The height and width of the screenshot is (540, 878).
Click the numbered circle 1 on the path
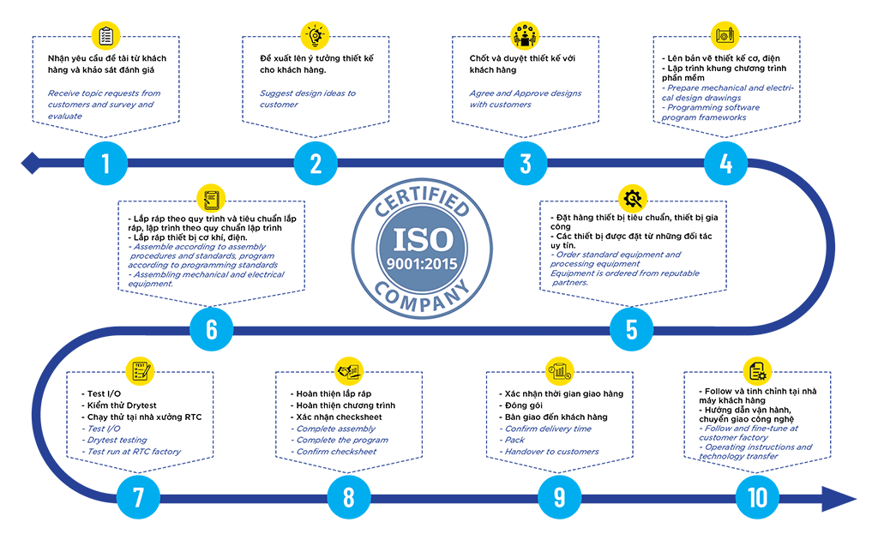105,164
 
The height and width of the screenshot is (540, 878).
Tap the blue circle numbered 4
725,164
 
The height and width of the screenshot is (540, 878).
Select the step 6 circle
212,329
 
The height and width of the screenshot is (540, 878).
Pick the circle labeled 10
757,497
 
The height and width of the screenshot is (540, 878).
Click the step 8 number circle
349,497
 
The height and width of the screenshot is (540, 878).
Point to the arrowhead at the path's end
839,499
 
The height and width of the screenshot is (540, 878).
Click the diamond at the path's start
31,164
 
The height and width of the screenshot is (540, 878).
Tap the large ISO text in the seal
423,239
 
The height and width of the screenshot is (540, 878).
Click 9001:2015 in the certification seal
422,264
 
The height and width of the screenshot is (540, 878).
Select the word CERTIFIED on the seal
422,200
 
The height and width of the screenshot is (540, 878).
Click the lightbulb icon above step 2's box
316,36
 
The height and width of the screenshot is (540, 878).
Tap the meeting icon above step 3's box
526,36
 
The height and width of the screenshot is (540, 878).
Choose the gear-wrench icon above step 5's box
633,198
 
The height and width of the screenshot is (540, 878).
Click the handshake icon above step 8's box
349,370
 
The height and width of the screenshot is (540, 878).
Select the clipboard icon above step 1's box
105,36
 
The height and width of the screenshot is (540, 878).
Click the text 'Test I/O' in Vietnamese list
104,394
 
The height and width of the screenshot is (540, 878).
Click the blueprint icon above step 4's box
725,36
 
